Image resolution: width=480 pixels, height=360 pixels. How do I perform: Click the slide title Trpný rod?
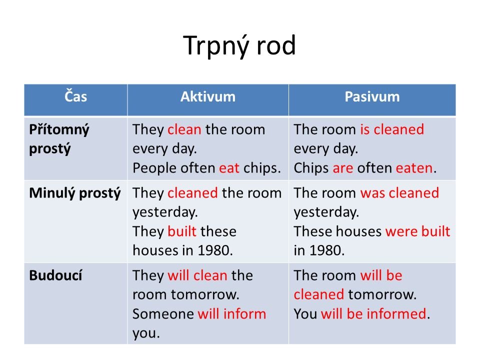(x=239, y=46)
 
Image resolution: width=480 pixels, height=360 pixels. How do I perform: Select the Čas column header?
(x=75, y=96)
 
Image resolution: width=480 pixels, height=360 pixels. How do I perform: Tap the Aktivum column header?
(x=208, y=96)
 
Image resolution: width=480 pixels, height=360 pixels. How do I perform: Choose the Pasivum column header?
(x=372, y=96)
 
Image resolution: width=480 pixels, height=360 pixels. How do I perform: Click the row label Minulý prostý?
(x=75, y=193)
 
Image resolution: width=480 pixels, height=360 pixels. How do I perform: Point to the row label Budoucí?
(x=55, y=275)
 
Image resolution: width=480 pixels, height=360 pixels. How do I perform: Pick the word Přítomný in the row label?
(x=59, y=130)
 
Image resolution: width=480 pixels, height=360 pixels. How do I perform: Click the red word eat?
(x=229, y=168)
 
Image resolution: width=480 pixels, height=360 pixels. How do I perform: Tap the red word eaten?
(x=414, y=168)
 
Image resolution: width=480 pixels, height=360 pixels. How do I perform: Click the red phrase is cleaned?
(x=392, y=129)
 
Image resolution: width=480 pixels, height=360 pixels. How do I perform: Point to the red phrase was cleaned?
(x=399, y=193)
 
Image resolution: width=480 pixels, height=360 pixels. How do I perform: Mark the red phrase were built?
(x=418, y=231)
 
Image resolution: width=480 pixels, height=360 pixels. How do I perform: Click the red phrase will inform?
(x=231, y=314)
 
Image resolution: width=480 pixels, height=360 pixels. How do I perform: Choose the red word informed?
(x=396, y=314)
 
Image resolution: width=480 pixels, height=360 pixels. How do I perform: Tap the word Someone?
(x=163, y=314)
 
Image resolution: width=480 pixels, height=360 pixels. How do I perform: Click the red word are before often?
(x=343, y=168)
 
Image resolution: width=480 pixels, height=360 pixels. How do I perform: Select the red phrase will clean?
(x=197, y=275)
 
